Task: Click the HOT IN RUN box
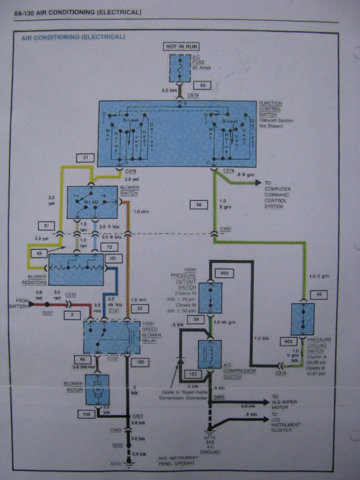(181, 46)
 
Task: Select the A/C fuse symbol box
(180, 68)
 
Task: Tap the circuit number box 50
(203, 86)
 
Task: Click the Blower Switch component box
(92, 202)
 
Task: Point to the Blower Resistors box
(76, 269)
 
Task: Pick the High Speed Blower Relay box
(112, 337)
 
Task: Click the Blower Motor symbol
(97, 389)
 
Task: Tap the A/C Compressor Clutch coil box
(210, 354)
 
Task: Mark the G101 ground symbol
(128, 464)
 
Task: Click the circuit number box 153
(193, 374)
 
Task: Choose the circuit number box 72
(109, 247)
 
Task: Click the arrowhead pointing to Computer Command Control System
(258, 183)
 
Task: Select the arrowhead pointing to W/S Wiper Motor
(266, 402)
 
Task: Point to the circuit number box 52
(140, 309)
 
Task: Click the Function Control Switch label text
(270, 109)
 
